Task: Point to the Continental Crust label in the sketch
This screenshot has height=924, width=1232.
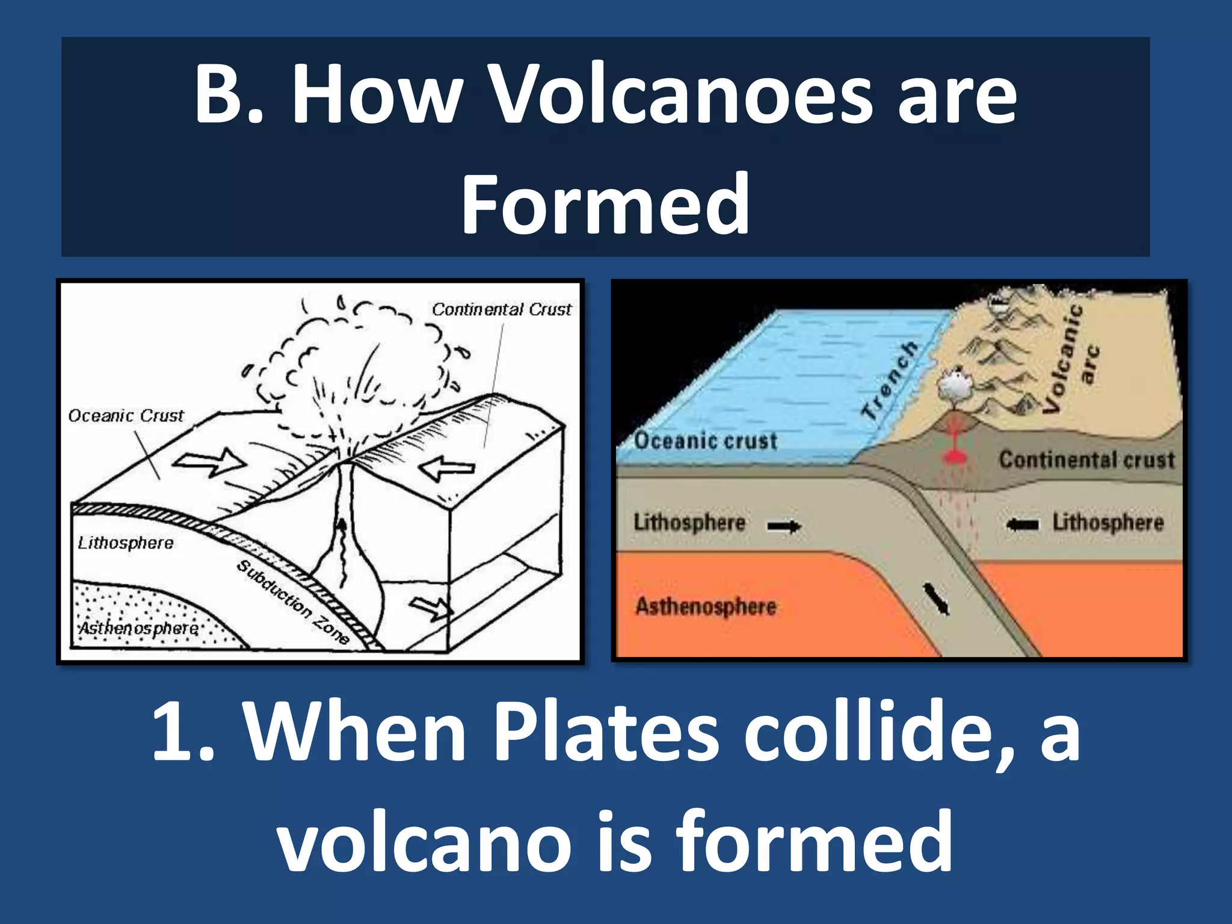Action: point(501,309)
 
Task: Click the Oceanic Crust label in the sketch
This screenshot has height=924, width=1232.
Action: point(125,416)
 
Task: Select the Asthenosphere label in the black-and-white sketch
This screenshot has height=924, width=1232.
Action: point(138,628)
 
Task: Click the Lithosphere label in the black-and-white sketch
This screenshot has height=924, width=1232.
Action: point(125,543)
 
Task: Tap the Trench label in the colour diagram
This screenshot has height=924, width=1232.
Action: point(890,380)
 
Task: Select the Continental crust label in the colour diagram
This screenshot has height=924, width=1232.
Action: point(1086,460)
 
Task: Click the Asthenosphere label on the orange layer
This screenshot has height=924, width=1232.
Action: point(706,606)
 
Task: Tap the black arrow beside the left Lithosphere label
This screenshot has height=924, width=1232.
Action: point(784,527)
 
